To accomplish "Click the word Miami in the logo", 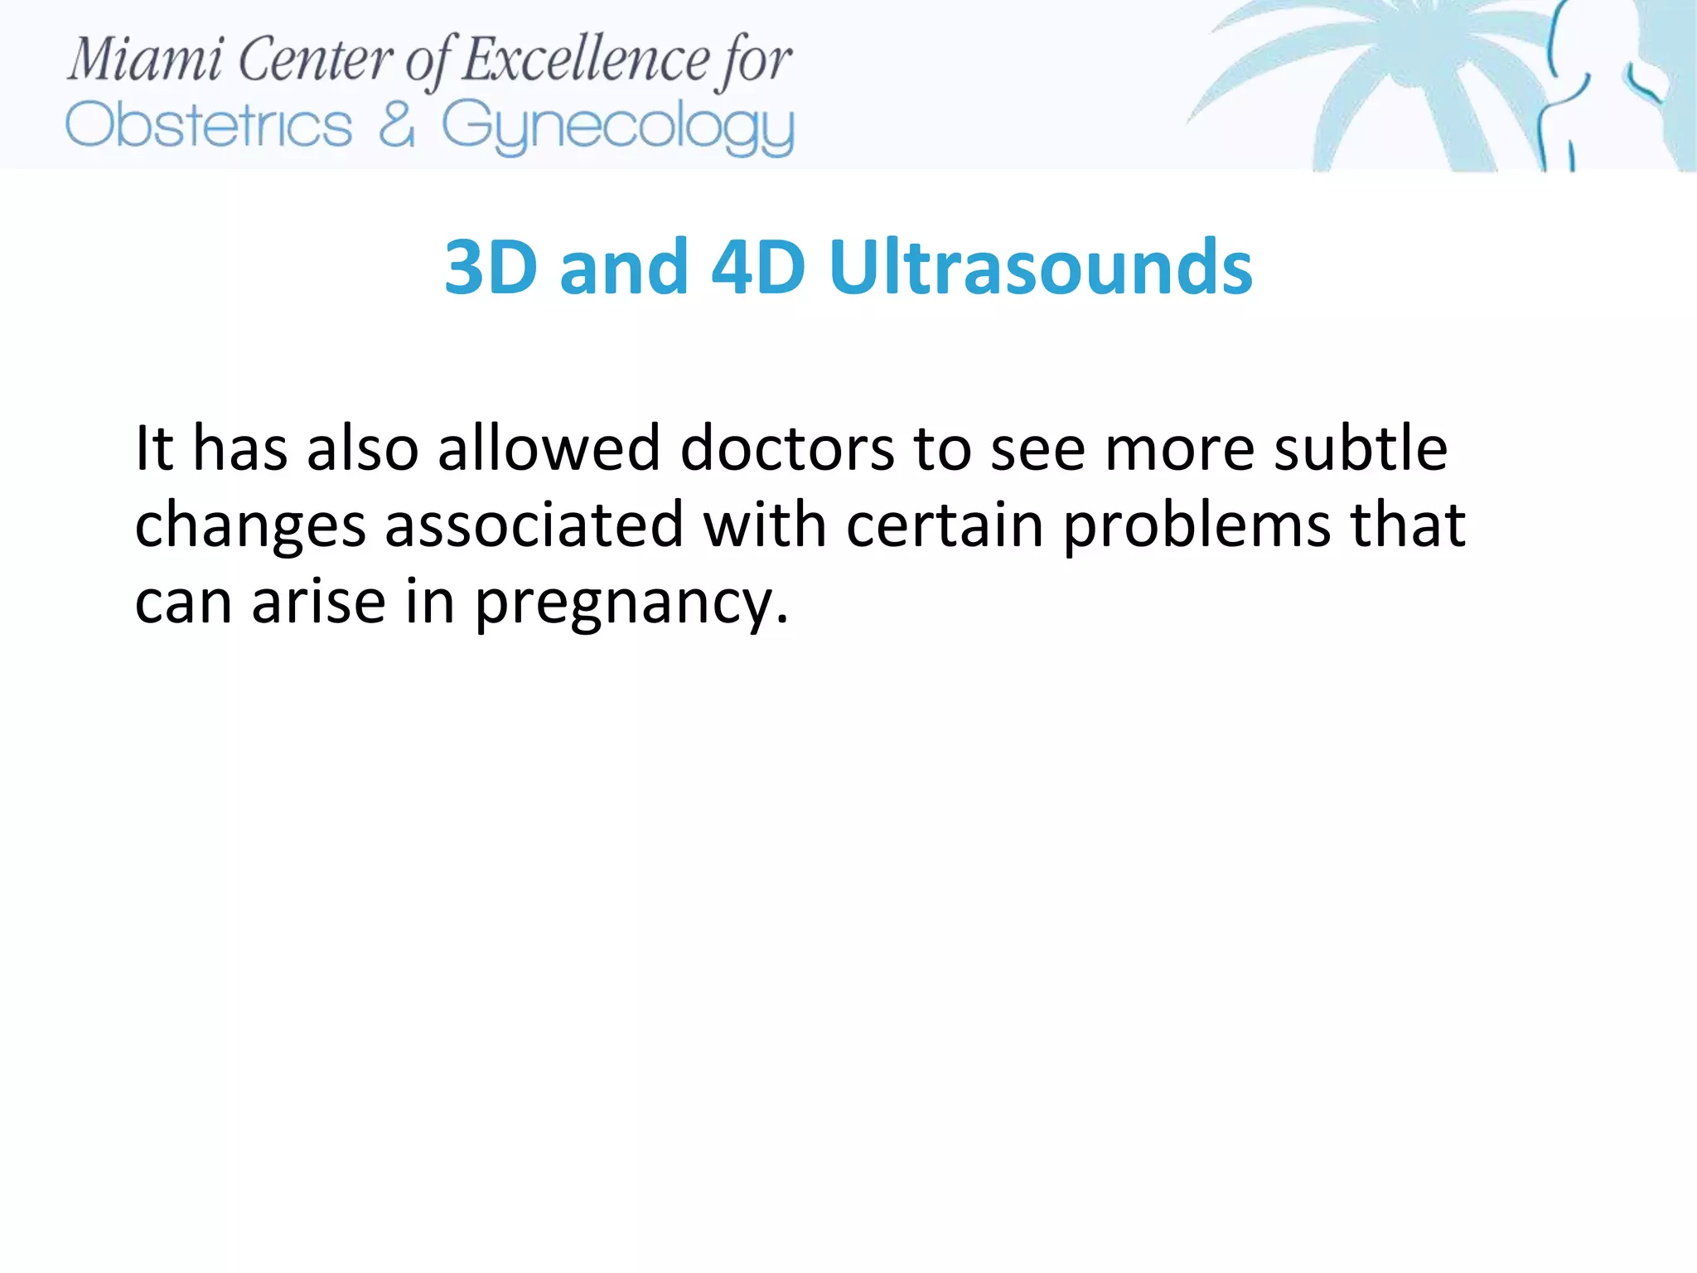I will point(145,60).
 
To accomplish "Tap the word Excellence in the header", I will point(585,60).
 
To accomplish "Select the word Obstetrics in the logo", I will point(209,126).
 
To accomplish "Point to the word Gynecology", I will point(617,128).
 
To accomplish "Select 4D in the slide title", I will point(758,267).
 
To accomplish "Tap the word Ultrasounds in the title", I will point(1040,267).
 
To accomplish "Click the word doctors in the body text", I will point(786,448).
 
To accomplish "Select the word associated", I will point(534,525).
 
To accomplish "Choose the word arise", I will point(319,602).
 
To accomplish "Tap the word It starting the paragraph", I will point(154,448).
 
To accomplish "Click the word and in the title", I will point(624,267).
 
